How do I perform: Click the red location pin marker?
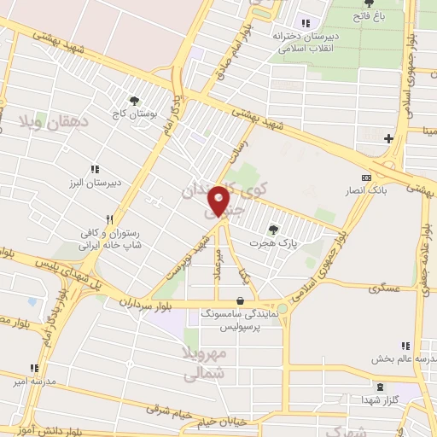click(219, 201)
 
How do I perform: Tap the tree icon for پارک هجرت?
click(273, 229)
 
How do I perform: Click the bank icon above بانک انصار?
click(367, 177)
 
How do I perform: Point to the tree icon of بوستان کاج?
click(134, 100)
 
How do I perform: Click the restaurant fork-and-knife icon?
click(108, 219)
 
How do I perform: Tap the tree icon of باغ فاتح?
click(369, 3)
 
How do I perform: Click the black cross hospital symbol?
click(388, 137)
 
